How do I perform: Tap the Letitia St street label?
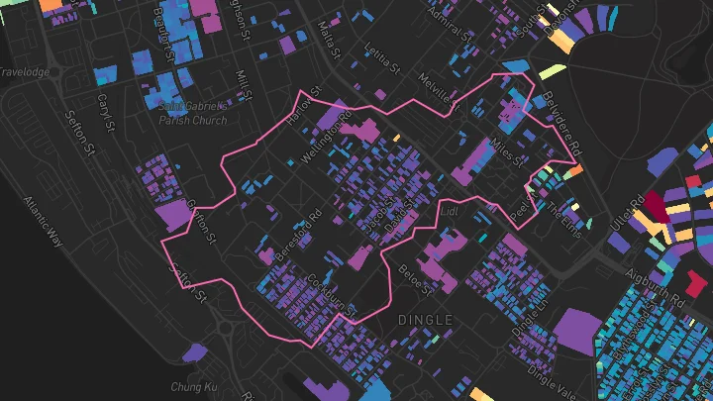(382, 75)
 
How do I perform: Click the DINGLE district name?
(424, 320)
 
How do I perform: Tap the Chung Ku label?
(187, 385)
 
